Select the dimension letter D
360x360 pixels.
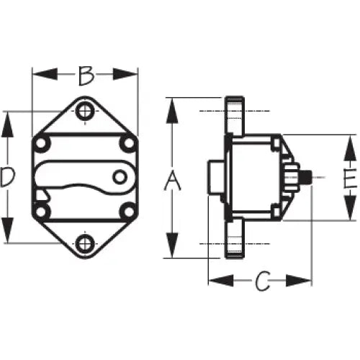click(7, 177)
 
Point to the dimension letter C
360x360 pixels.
click(262, 281)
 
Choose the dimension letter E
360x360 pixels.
click(350, 178)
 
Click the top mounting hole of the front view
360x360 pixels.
click(85, 111)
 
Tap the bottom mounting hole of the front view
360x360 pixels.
click(85, 244)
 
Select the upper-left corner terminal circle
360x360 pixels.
click(41, 144)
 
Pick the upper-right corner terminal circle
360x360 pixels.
click(128, 144)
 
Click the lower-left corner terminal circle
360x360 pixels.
click(41, 211)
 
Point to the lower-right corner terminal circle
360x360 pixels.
click(128, 211)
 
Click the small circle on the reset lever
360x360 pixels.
click(120, 177)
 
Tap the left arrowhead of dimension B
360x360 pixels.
click(45, 74)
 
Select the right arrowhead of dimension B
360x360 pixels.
click(125, 74)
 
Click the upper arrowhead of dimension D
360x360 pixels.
click(7, 125)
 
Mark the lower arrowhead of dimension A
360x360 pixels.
click(172, 246)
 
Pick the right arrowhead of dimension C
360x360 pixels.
click(299, 281)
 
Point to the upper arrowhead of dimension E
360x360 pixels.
click(350, 148)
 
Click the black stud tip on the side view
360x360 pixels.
click(306, 177)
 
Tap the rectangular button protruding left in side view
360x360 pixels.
click(216, 177)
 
